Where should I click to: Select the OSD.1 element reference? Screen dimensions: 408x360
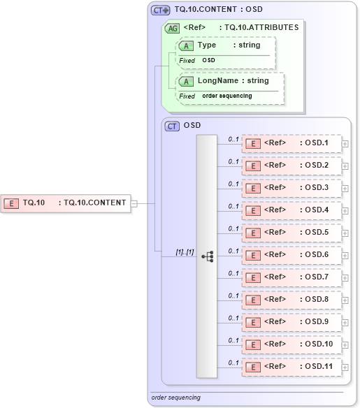(x=291, y=143)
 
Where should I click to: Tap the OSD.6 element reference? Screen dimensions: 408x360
(x=291, y=255)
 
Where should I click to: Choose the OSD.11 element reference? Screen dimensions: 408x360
(x=291, y=367)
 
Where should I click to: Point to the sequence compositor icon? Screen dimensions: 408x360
(x=207, y=256)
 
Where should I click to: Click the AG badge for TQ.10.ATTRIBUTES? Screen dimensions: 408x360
(x=171, y=28)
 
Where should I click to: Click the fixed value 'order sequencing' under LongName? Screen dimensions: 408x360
(x=227, y=96)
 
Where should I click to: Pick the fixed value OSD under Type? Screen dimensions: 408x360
(x=209, y=61)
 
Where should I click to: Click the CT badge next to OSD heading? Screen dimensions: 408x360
(x=171, y=126)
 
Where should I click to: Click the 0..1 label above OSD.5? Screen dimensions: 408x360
(x=233, y=228)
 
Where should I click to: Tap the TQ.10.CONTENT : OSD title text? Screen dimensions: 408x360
(x=218, y=10)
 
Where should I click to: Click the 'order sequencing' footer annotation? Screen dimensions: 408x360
(x=176, y=398)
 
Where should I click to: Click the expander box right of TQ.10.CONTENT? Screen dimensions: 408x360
(x=134, y=203)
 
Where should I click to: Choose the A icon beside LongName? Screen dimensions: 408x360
(x=186, y=82)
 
